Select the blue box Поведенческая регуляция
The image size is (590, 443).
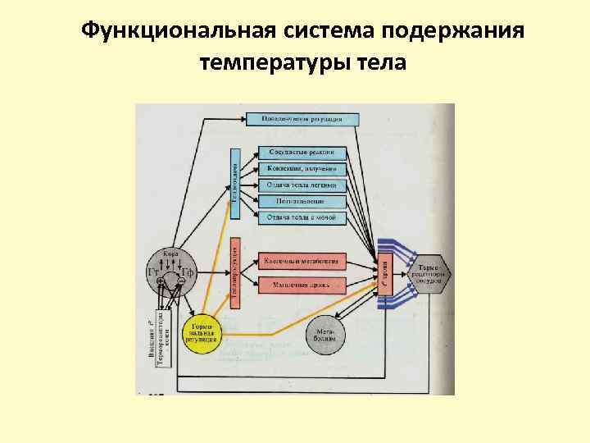coord(309,119)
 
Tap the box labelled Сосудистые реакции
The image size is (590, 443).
coord(302,153)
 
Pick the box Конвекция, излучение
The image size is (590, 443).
coord(302,169)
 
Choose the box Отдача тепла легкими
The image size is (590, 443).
coord(302,185)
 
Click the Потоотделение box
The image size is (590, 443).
coord(302,201)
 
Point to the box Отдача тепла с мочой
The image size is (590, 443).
coord(302,217)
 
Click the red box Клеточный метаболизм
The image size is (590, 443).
coord(302,261)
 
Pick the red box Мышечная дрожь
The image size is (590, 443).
coord(302,285)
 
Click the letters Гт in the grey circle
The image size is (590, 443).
coord(153,272)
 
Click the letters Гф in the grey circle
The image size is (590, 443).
coord(187,272)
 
